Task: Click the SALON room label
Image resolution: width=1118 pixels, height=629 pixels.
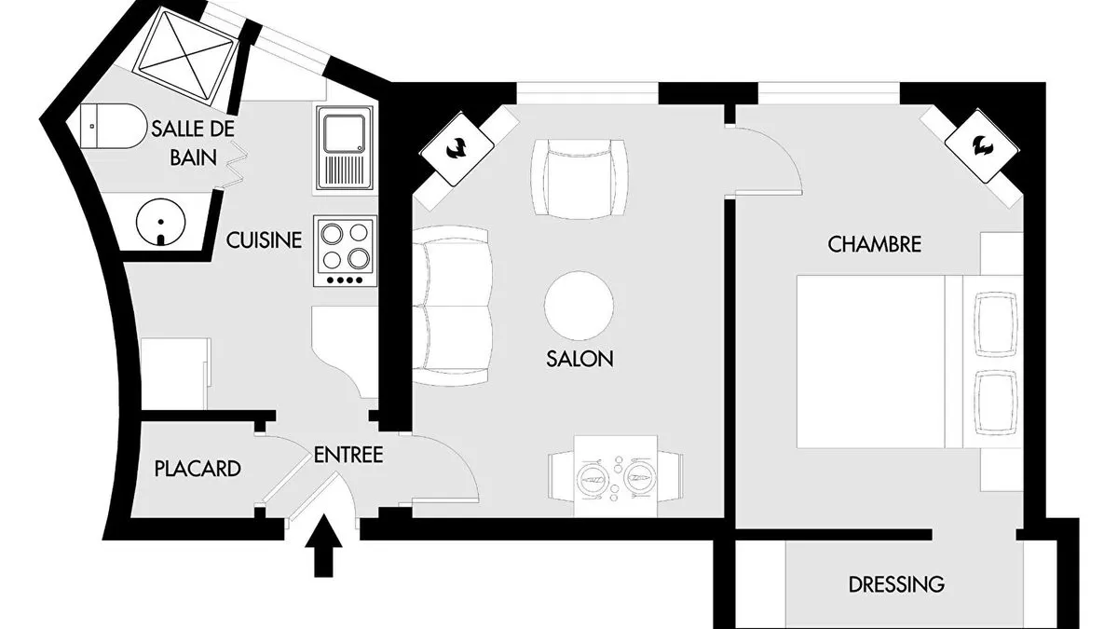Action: click(579, 359)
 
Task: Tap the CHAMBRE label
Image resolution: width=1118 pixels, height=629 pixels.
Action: click(875, 244)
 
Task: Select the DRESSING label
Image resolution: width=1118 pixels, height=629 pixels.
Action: click(896, 584)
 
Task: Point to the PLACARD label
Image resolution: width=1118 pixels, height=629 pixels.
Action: click(198, 469)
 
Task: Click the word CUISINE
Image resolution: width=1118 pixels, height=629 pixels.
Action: click(264, 240)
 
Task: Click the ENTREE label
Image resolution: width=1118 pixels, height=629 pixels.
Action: click(348, 455)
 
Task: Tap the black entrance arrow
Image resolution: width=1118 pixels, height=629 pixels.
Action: click(323, 545)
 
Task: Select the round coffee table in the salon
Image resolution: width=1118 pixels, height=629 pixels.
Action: click(579, 306)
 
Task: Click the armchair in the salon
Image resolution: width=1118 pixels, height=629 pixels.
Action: click(579, 179)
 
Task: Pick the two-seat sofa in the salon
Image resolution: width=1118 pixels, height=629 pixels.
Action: click(453, 306)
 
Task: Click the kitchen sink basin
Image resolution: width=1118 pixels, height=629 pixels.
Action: click(345, 134)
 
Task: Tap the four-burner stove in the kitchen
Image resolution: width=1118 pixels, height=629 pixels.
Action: click(346, 251)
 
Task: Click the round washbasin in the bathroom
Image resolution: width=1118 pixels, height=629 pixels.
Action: click(160, 222)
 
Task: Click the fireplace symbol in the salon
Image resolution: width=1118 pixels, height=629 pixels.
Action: click(457, 149)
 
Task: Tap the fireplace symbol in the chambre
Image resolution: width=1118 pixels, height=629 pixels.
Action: click(982, 145)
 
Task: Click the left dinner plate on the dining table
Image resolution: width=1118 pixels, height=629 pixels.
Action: click(593, 479)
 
